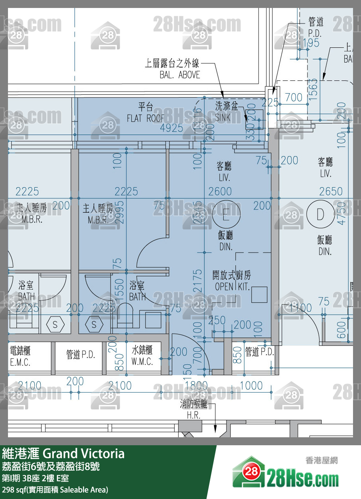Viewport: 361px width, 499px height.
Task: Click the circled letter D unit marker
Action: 320,215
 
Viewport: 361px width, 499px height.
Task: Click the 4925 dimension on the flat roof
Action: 172,128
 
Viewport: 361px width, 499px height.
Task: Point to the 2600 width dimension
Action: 220,192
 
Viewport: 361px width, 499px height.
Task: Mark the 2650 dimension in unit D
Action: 331,192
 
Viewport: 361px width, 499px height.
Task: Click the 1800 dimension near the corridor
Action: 196,386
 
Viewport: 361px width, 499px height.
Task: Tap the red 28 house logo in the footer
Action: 249,472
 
